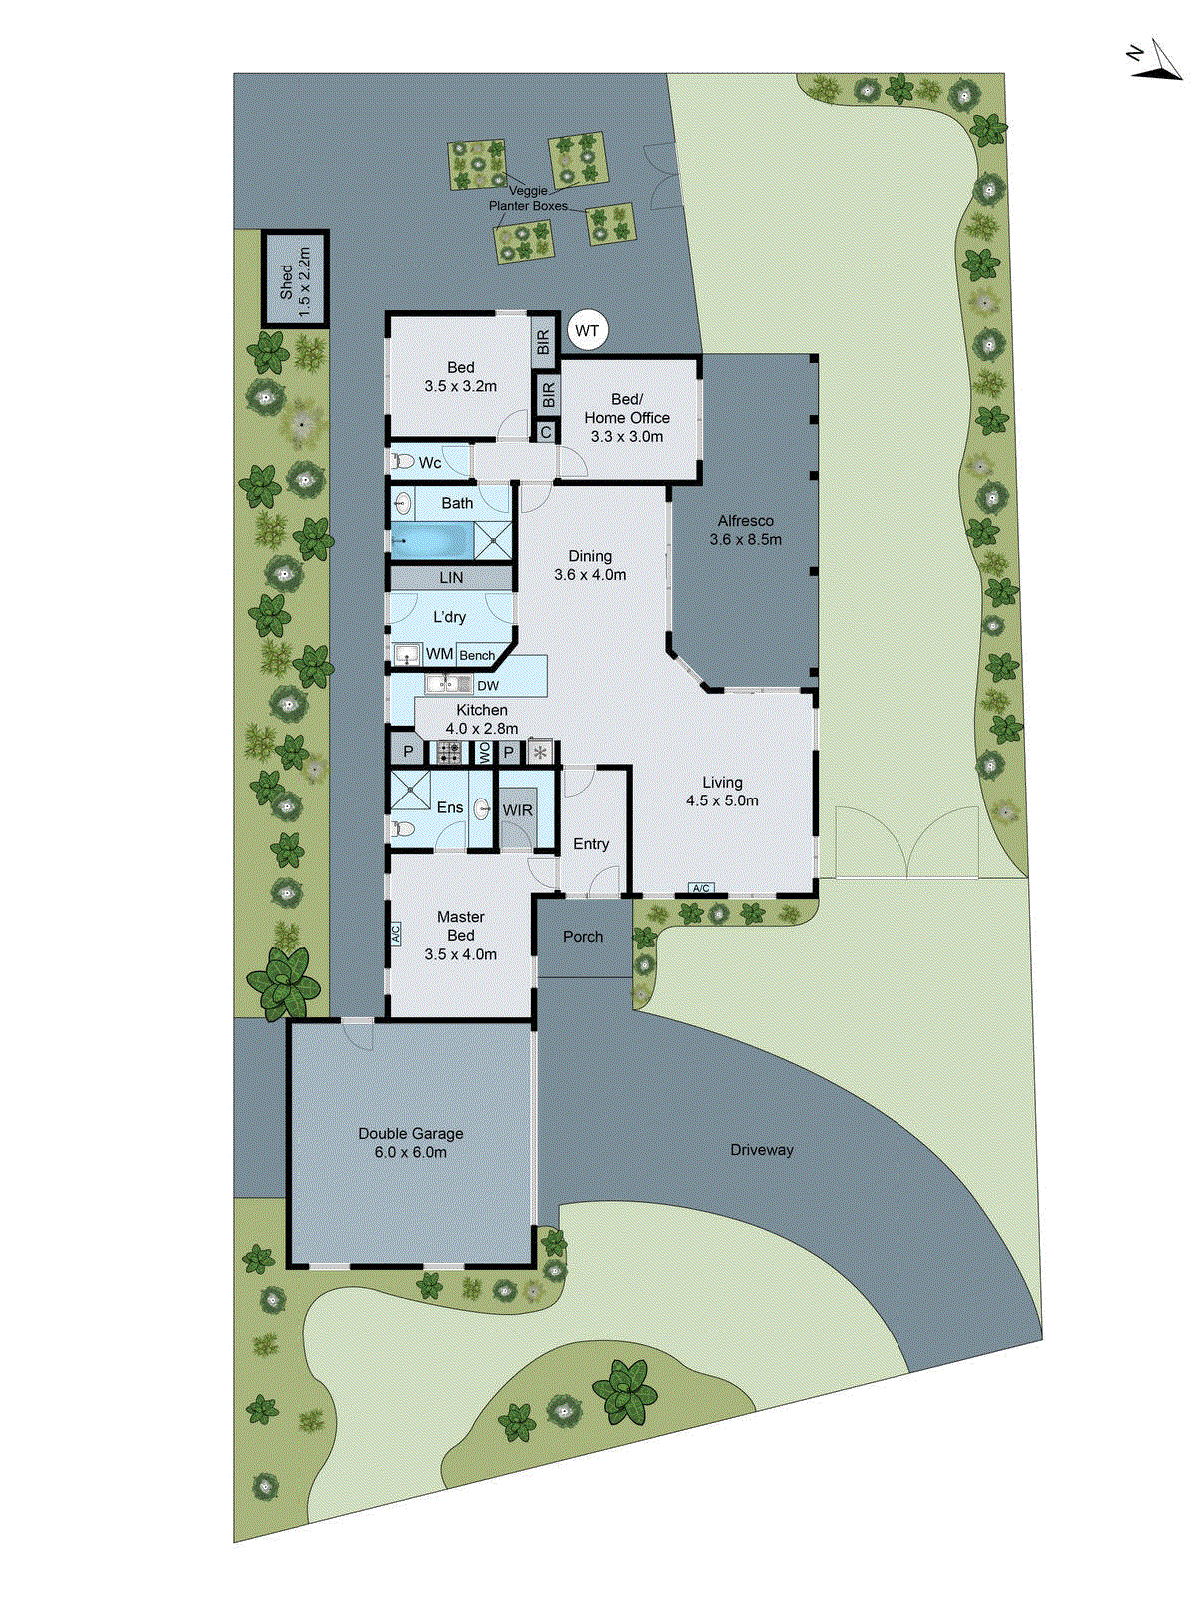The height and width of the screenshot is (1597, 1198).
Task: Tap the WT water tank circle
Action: pos(587,331)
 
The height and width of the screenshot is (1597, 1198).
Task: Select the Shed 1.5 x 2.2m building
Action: pos(296,278)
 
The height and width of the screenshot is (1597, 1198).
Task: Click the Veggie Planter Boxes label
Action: pos(528,198)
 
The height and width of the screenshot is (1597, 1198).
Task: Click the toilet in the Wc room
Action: pos(403,462)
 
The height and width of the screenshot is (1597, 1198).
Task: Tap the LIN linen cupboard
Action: pos(451,578)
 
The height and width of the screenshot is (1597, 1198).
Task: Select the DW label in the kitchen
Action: pos(488,686)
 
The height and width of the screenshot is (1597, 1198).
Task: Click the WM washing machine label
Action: pos(439,655)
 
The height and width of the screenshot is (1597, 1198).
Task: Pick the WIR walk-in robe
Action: pos(517,810)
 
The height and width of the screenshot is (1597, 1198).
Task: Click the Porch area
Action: pos(583,937)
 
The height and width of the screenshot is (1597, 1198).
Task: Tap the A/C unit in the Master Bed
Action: pos(395,934)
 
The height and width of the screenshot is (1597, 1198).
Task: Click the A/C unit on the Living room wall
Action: pos(701,888)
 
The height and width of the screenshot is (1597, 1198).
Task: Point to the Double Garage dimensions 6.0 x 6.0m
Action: pos(411,1152)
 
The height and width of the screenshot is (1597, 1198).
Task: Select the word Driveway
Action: pos(761,1150)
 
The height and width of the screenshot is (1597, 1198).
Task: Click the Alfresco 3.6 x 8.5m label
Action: pos(745,530)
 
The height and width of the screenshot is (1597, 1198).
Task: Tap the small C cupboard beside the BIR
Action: pos(545,432)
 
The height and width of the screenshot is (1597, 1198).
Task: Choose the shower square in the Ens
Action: pos(409,790)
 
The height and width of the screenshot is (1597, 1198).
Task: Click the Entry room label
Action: pos(591,844)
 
